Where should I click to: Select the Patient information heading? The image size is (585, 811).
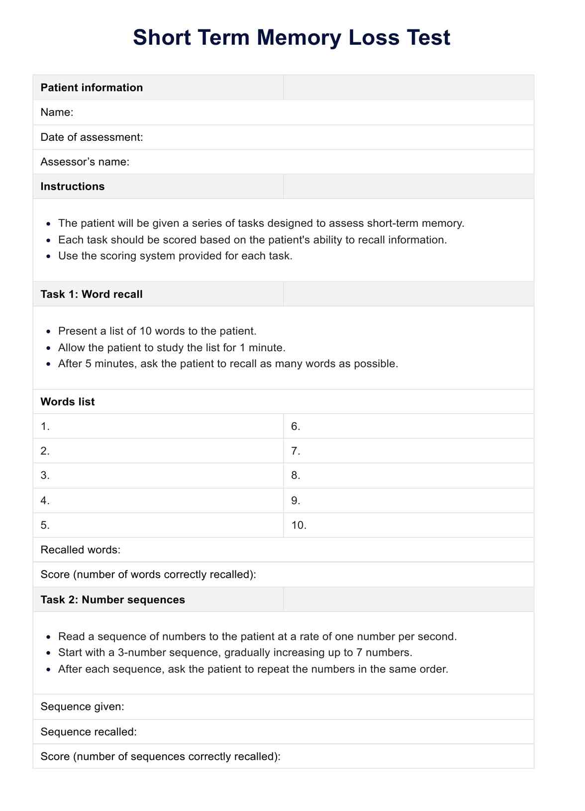coord(92,88)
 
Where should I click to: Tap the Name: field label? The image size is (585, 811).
coord(57,112)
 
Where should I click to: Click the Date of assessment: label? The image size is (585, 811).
coord(92,137)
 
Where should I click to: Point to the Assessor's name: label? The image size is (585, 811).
coord(85,162)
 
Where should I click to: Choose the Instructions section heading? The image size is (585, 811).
coord(73,187)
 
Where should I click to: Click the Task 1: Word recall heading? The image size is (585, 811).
coord(92,294)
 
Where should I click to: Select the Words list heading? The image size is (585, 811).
coord(67,402)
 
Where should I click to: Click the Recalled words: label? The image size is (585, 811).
coord(81,550)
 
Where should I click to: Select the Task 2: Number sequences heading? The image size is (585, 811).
coord(112,600)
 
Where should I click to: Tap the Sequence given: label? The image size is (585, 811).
coord(83,707)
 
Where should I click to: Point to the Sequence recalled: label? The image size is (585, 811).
coord(89,732)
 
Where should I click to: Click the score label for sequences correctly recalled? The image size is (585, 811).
coord(160,757)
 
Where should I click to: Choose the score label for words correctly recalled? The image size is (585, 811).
coord(148,575)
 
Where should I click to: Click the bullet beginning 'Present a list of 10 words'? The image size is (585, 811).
coord(157,331)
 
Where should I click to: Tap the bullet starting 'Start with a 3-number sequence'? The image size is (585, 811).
coord(235,652)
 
